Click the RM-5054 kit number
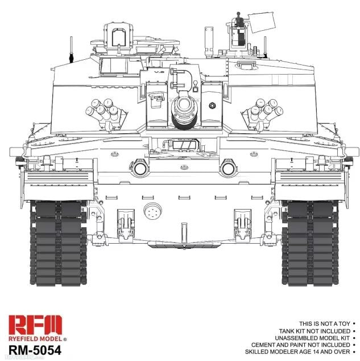point(35,351)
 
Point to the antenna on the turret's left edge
point(71,50)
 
